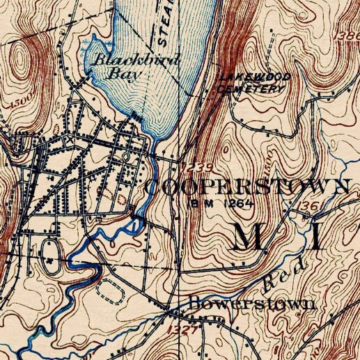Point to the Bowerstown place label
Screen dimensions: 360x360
pos(251,304)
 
